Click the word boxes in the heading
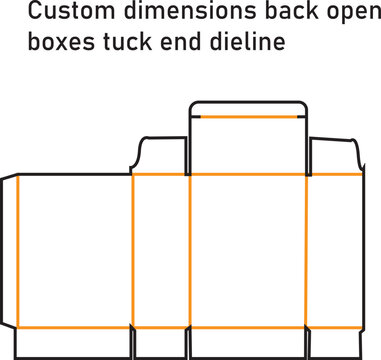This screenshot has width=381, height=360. click(59, 44)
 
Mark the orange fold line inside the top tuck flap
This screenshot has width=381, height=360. click(247, 117)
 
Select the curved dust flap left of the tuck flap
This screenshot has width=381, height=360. click(159, 156)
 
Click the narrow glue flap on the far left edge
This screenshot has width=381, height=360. click(10, 250)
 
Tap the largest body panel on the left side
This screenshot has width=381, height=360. click(75, 250)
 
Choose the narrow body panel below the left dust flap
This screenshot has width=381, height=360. click(160, 250)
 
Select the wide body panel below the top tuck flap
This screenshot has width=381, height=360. click(247, 250)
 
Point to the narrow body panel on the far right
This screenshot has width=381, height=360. click(334, 250)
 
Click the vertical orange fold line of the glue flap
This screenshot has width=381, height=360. click(18, 250)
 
